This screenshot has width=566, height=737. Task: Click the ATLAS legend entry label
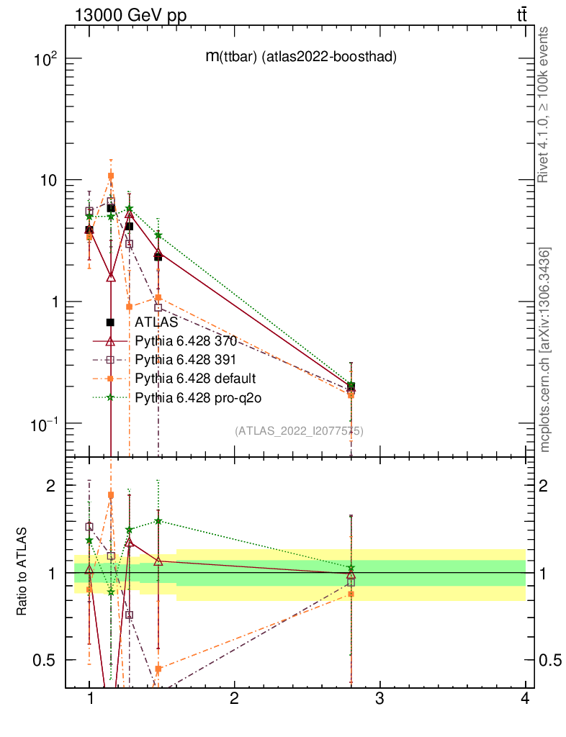click(x=156, y=322)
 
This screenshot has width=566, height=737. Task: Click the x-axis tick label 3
click(x=379, y=699)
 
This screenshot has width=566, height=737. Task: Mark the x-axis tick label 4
click(x=525, y=699)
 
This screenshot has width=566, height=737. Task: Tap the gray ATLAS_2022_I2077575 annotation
click(x=299, y=431)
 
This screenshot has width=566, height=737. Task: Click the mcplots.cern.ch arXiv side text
click(x=545, y=350)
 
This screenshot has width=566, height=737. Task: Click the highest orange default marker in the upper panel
click(x=111, y=176)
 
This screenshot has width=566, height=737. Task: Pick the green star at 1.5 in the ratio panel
click(x=158, y=521)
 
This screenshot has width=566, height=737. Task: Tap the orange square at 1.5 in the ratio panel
click(x=158, y=669)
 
